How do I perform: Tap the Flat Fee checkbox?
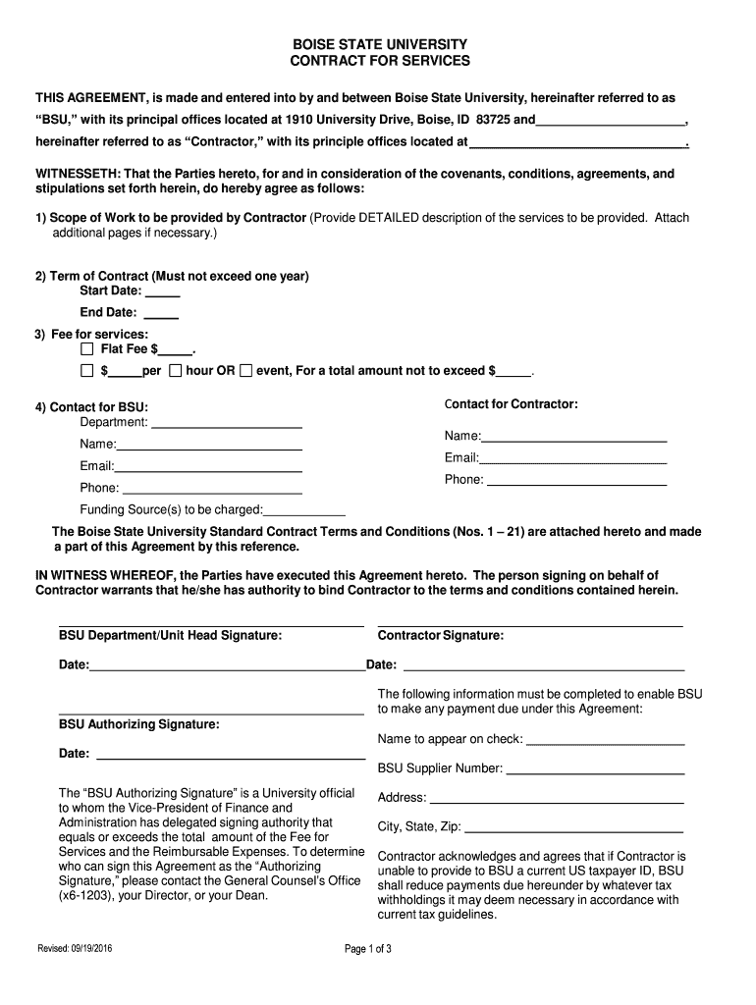pos(86,348)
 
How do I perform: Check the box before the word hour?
pos(175,371)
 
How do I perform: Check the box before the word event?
pos(246,371)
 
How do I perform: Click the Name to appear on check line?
pos(605,741)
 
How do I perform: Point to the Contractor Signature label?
pos(441,636)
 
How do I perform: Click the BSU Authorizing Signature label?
pos(138,724)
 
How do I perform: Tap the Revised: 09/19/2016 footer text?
pos(75,949)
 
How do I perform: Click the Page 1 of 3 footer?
pos(368,949)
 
